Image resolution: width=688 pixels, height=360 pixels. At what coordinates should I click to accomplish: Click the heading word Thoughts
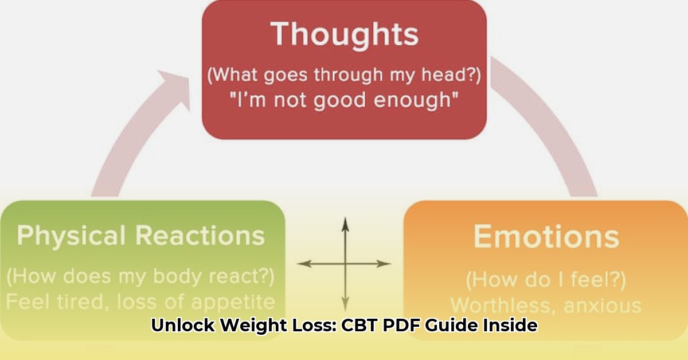click(345, 35)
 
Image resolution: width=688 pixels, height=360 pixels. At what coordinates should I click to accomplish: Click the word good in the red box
click(339, 100)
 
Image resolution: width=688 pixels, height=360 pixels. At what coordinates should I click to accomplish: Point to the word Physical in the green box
click(71, 236)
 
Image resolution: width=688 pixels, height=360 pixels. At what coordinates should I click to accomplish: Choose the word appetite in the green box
click(233, 302)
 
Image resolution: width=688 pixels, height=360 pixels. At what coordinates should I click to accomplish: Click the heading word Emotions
click(546, 237)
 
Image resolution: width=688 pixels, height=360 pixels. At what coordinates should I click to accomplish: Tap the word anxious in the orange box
click(603, 306)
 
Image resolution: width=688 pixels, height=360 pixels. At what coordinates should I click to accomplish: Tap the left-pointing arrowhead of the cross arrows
click(304, 263)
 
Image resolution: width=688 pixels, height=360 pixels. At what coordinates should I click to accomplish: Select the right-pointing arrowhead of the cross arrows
click(384, 263)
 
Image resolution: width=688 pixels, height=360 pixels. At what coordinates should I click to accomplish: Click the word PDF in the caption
click(401, 325)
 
